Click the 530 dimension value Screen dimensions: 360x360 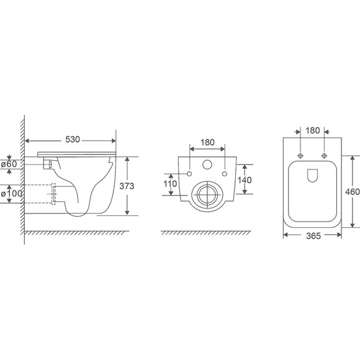coord(73,140)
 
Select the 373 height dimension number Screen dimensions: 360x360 coord(127,186)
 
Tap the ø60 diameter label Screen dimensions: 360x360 coord(9,164)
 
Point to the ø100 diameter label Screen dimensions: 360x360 coord(11,194)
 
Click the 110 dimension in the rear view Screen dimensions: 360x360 coord(170,184)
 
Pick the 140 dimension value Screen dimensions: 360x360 coord(245,180)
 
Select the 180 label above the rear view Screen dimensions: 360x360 coord(207,142)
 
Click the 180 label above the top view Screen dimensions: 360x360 coord(312,130)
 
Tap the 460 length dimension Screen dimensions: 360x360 coord(353,191)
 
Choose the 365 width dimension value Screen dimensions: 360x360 coord(313,236)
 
